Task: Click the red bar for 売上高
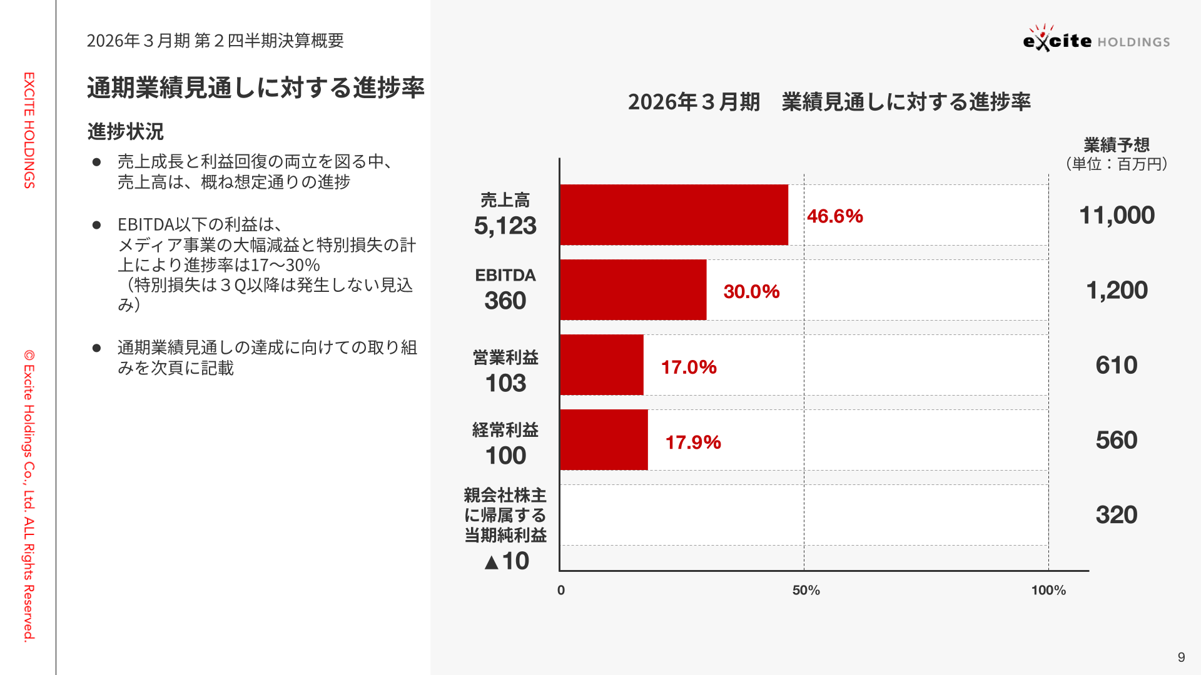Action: [x=674, y=214]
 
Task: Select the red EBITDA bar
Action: [x=633, y=289]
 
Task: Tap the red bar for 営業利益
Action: [x=601, y=364]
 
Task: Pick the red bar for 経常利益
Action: [x=604, y=439]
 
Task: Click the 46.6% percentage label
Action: [x=834, y=216]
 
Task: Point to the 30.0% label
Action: [x=751, y=291]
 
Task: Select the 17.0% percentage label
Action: [x=689, y=367]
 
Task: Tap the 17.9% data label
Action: [x=693, y=442]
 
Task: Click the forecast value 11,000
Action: [x=1117, y=215]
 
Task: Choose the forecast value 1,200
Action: [x=1117, y=290]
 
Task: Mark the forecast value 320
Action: [x=1116, y=515]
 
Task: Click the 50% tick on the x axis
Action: [x=806, y=590]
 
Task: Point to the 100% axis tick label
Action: [x=1048, y=590]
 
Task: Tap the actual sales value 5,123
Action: [x=505, y=226]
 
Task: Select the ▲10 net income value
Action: [x=507, y=561]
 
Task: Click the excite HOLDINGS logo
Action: [x=1096, y=39]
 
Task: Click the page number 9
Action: [x=1181, y=657]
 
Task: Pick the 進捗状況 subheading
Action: [x=125, y=131]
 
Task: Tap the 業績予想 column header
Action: [x=1117, y=145]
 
